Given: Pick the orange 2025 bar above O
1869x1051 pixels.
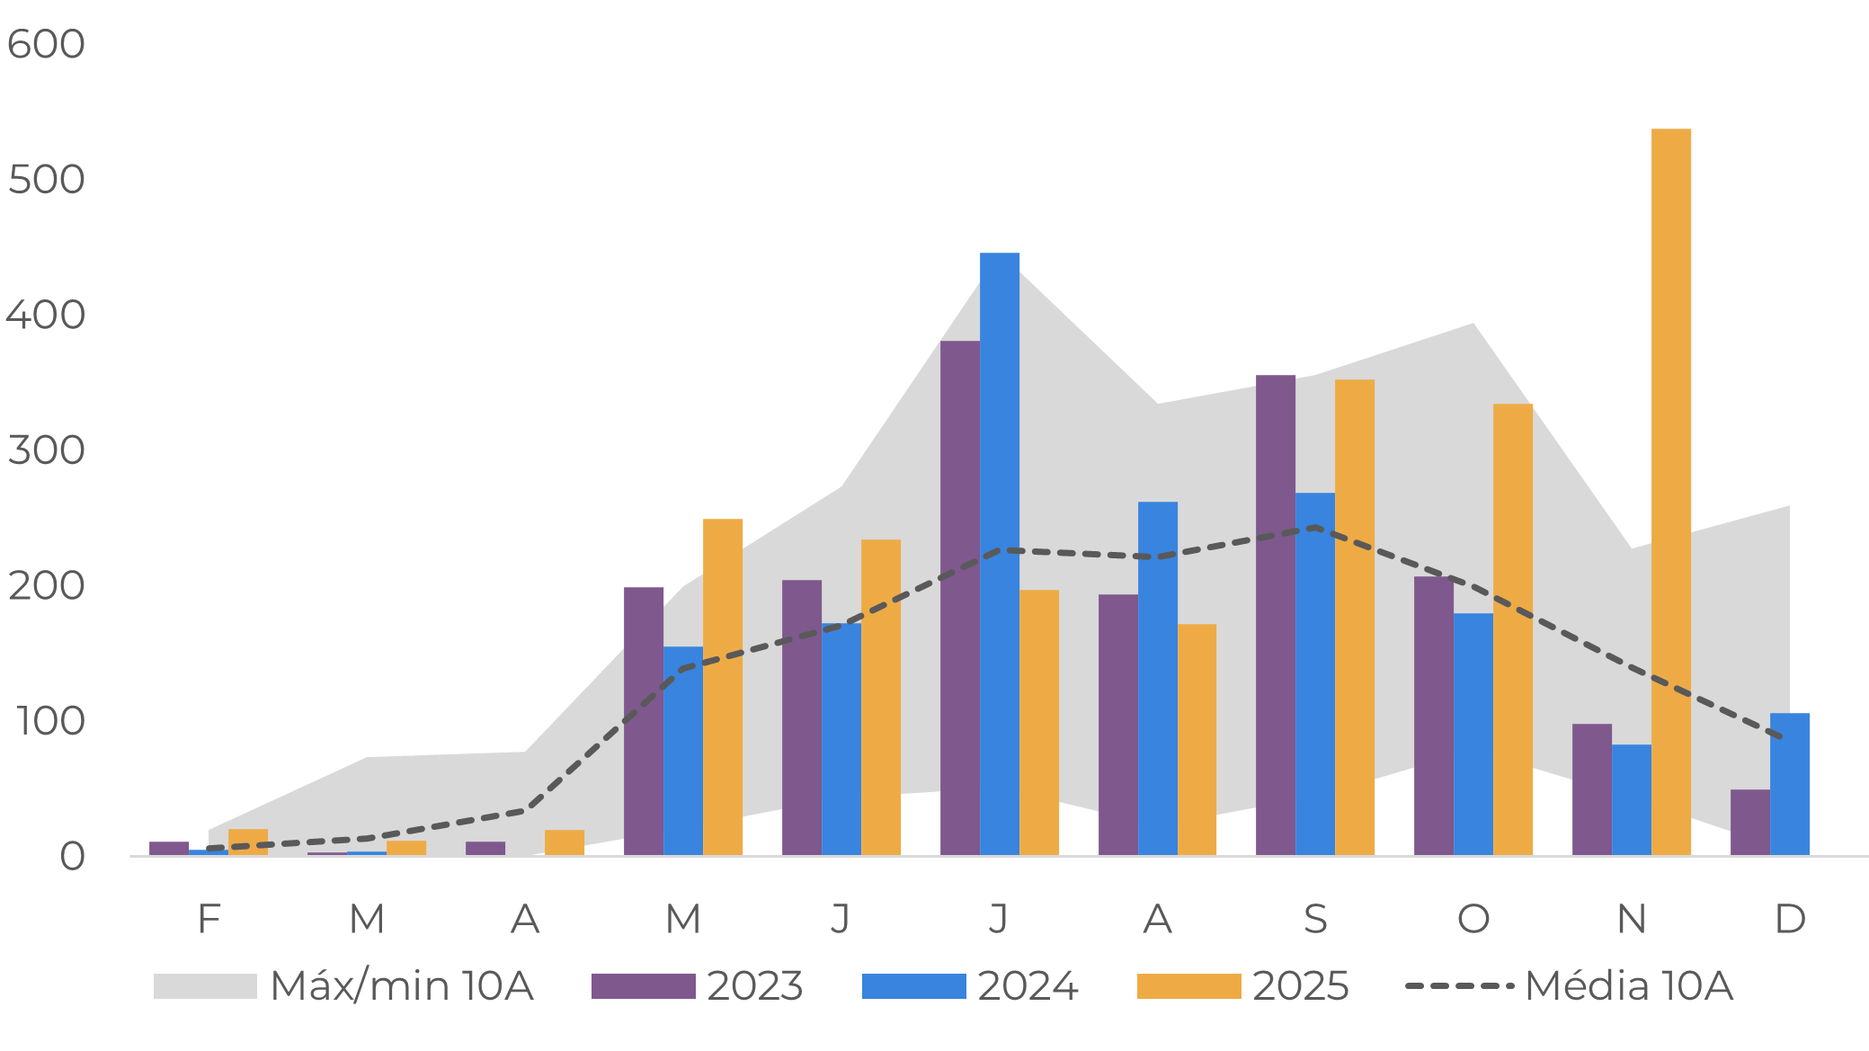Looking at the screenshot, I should [x=1512, y=629].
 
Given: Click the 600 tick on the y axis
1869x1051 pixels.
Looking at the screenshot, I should [x=46, y=44].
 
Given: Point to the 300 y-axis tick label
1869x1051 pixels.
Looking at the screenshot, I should [x=46, y=450].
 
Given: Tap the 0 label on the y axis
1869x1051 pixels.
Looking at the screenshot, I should [x=72, y=857].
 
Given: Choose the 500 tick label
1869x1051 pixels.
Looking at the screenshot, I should [x=46, y=180].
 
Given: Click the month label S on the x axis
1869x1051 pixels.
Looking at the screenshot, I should [x=1314, y=919].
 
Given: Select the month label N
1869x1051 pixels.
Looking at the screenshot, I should [x=1631, y=919].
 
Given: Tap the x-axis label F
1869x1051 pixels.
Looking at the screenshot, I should [x=209, y=919].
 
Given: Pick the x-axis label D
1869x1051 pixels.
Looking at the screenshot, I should [x=1789, y=919].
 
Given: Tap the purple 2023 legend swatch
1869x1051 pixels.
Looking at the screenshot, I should [x=643, y=986].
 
